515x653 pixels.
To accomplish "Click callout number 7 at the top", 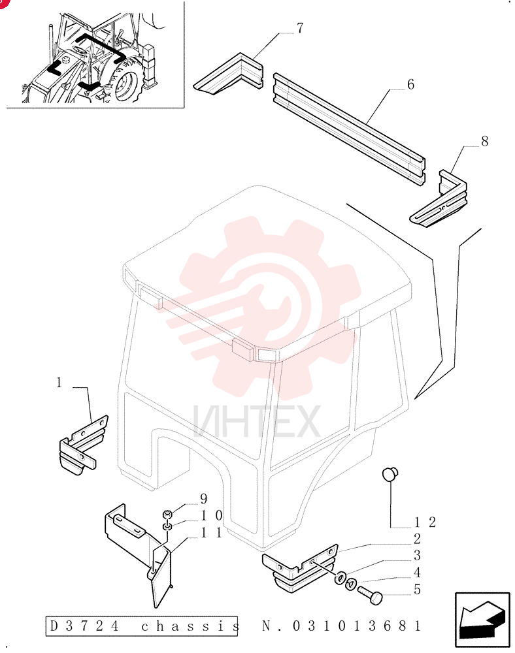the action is (300, 28).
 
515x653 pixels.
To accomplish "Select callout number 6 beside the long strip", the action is (411, 84).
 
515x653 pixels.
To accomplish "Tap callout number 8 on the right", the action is (484, 141).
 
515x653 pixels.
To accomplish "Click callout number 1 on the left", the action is (59, 382).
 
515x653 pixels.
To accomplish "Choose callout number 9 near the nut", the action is (204, 498).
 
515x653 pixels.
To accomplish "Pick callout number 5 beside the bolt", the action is (417, 590).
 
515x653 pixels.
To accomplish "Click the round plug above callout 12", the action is (390, 474).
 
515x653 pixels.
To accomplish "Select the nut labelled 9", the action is (167, 515).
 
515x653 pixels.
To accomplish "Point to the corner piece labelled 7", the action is (228, 74).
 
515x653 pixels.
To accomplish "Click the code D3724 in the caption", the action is (84, 626).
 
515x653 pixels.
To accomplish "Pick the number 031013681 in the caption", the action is (357, 626).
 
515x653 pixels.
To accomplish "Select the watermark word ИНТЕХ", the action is (257, 421).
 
